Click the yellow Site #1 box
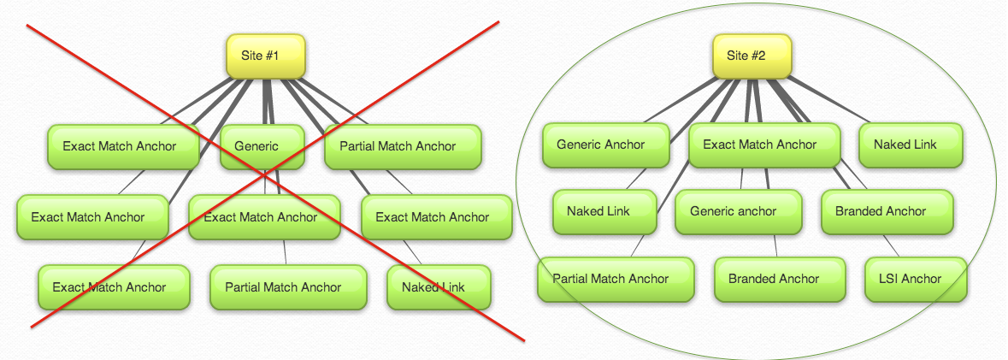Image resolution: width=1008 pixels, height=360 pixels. click(x=265, y=56)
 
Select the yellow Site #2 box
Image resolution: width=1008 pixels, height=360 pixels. click(x=752, y=56)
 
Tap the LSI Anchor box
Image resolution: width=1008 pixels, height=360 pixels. click(x=916, y=279)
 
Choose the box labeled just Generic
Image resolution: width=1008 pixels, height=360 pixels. click(x=262, y=146)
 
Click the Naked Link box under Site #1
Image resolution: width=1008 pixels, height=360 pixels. click(x=439, y=287)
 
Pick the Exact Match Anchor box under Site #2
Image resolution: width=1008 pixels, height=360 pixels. click(x=759, y=145)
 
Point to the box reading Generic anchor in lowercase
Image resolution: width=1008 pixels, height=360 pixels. click(x=738, y=211)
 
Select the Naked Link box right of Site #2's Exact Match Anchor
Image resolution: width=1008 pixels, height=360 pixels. click(x=911, y=145)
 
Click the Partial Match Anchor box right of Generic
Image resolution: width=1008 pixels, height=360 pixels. click(x=403, y=146)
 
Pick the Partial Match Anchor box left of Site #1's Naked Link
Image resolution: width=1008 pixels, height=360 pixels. click(x=287, y=287)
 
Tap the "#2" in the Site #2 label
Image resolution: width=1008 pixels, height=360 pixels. click(x=757, y=56)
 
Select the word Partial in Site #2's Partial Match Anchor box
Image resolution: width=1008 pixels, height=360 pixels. click(x=573, y=279)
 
